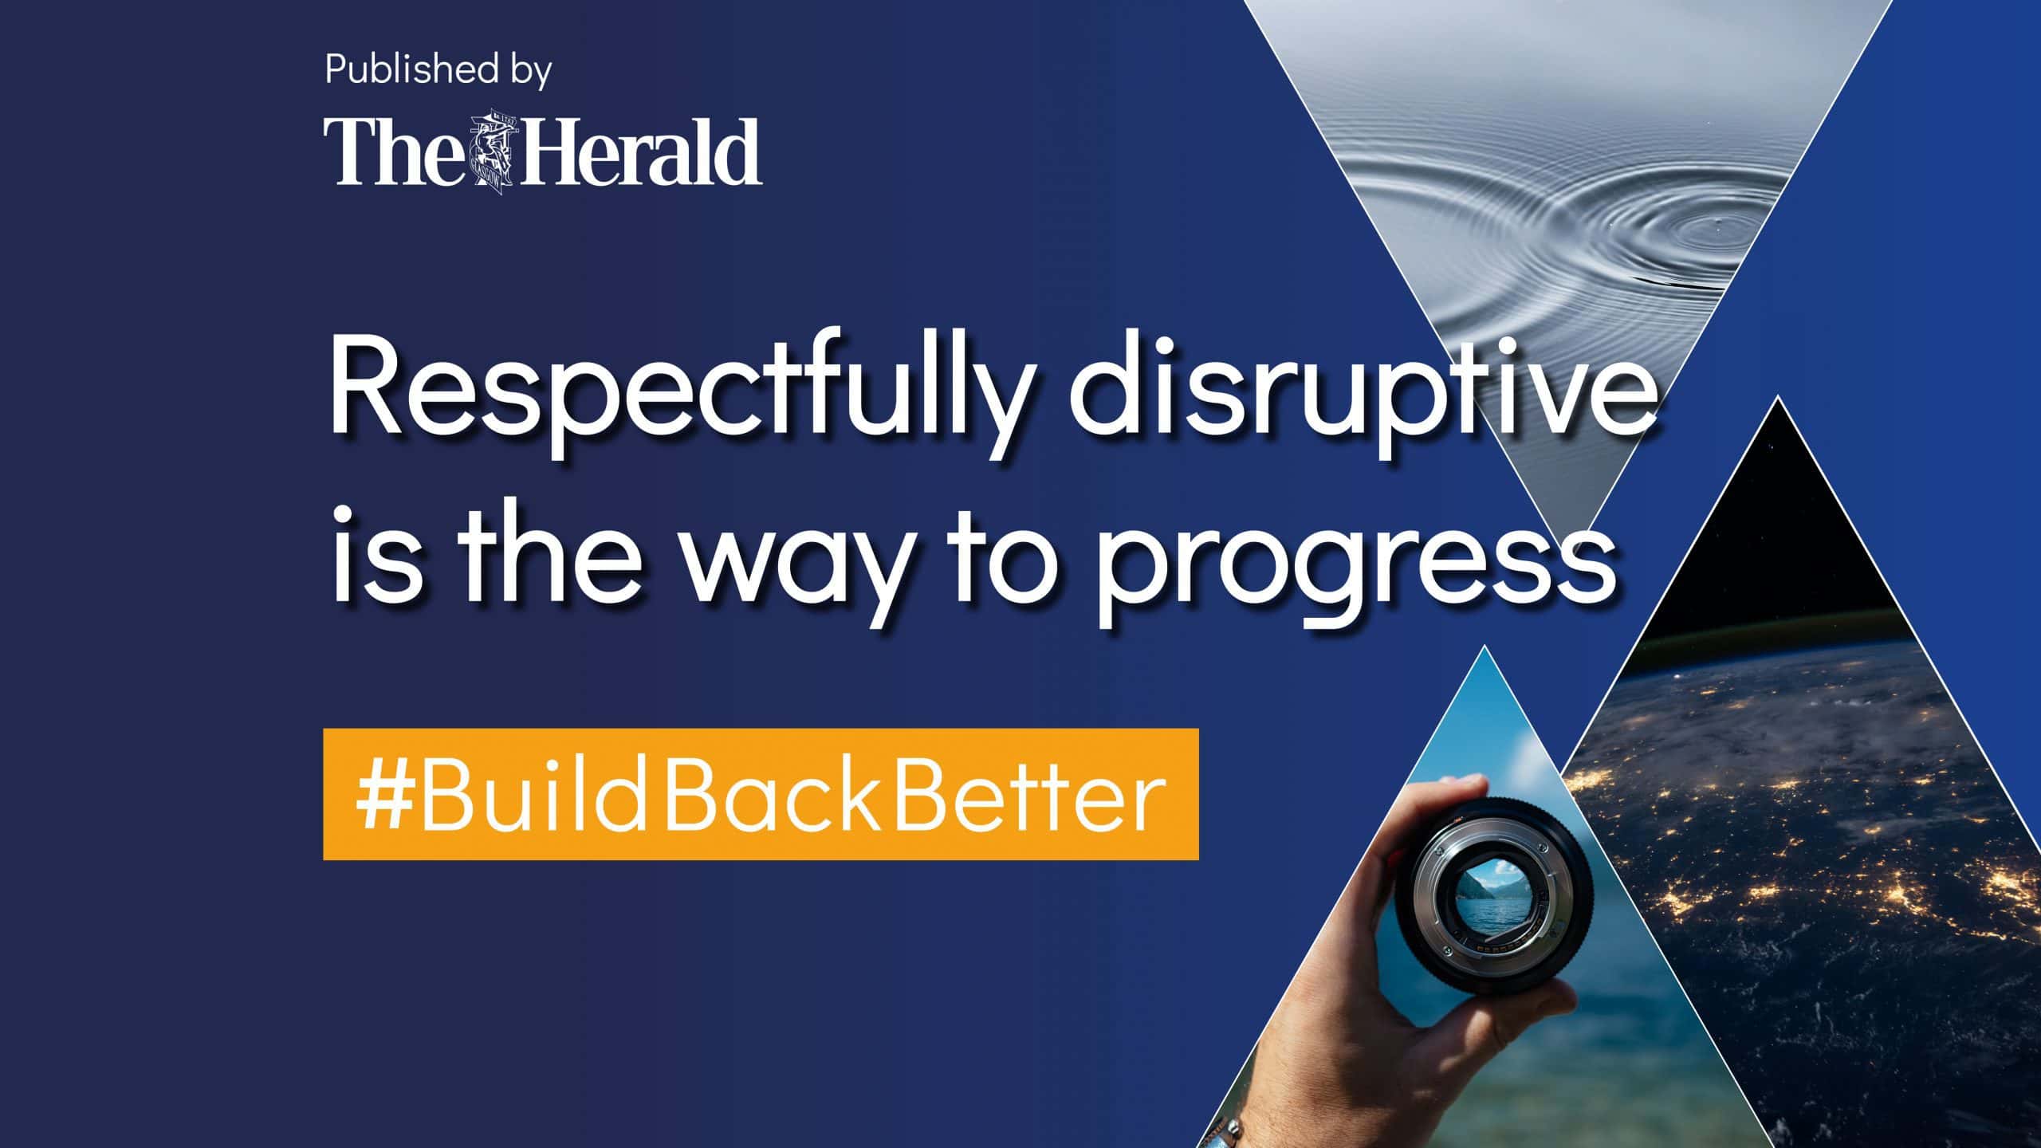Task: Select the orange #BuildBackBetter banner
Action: [x=761, y=794]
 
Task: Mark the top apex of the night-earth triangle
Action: [x=1777, y=396]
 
